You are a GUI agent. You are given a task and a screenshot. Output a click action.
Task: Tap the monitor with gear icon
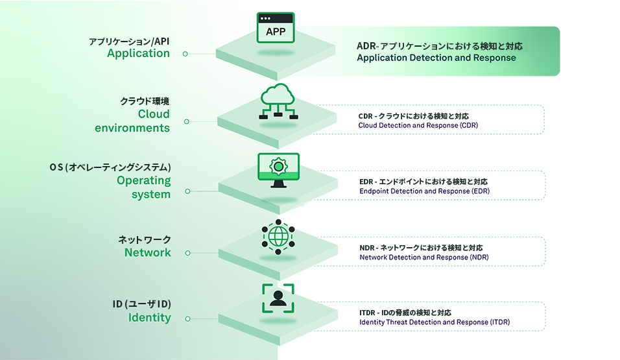click(x=278, y=169)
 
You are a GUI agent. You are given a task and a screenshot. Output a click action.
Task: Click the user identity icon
click(x=278, y=298)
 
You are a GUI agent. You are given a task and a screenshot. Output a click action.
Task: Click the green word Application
click(x=138, y=54)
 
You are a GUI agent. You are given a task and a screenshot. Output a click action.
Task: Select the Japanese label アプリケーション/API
click(x=129, y=42)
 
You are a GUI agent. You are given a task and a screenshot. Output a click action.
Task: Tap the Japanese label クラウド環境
click(x=145, y=101)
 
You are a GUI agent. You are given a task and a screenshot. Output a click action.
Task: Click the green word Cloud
click(x=154, y=114)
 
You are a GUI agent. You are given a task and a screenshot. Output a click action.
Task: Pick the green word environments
click(x=132, y=128)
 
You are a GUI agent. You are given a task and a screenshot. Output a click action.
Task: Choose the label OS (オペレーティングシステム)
click(x=110, y=167)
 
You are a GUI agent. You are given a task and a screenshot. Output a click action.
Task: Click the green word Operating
click(x=143, y=180)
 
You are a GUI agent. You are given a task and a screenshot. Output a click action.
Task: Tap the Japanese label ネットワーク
click(x=145, y=239)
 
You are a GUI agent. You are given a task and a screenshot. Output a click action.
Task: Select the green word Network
click(x=147, y=252)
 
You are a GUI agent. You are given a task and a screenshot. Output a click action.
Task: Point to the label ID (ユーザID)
click(x=141, y=304)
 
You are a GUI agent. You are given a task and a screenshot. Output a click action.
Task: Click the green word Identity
click(x=149, y=318)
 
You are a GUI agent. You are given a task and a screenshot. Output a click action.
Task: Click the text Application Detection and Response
click(x=436, y=58)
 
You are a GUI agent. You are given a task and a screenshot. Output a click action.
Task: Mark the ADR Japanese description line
click(x=439, y=46)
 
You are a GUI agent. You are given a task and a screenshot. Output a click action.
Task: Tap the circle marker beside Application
click(x=185, y=54)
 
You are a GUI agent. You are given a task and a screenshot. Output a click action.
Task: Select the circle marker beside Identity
click(x=187, y=318)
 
